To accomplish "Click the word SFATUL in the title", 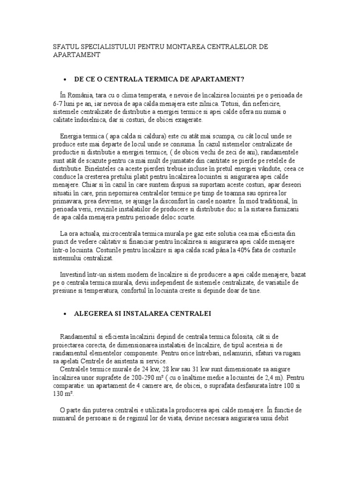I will click(65, 47).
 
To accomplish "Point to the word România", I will click(82, 94).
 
